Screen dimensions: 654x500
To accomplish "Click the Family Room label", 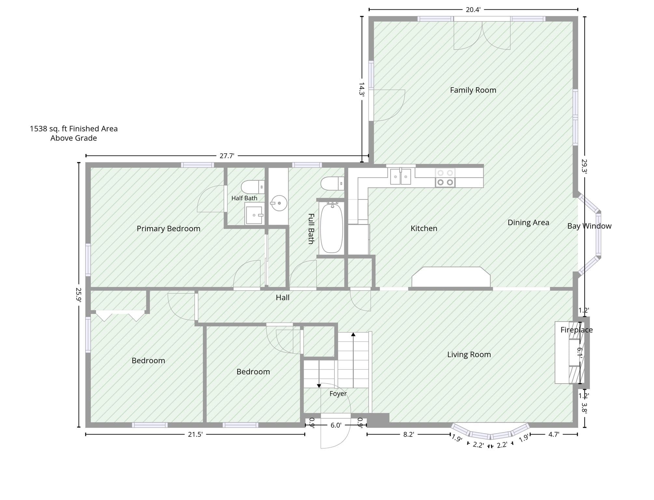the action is click(473, 90).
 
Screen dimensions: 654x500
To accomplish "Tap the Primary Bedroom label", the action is click(169, 229).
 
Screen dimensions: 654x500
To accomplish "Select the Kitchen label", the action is click(424, 229).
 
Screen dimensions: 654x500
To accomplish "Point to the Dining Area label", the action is click(528, 223).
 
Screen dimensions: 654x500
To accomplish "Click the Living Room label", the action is click(469, 354).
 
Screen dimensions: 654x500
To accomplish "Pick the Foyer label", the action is click(338, 394).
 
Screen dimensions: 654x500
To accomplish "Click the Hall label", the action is click(282, 298).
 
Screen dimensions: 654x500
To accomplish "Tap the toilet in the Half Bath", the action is click(253, 187).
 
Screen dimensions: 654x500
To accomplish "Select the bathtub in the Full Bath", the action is click(332, 228).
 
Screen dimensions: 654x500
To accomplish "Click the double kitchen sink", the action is click(401, 176).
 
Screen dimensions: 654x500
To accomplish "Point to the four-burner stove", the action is click(445, 178).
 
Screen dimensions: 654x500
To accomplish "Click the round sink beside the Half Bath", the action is click(279, 203).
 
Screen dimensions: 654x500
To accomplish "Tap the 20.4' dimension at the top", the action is click(473, 10).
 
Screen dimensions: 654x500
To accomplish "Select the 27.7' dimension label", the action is click(227, 156).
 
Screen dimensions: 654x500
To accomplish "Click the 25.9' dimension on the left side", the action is click(78, 295).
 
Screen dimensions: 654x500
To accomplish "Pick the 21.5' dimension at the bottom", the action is click(195, 435).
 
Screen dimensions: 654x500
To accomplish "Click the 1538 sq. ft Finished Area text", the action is click(74, 129).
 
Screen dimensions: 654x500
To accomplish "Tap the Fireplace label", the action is click(577, 330).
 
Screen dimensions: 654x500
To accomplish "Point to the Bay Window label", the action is click(589, 226).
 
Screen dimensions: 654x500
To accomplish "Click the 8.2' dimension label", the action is click(408, 435).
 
